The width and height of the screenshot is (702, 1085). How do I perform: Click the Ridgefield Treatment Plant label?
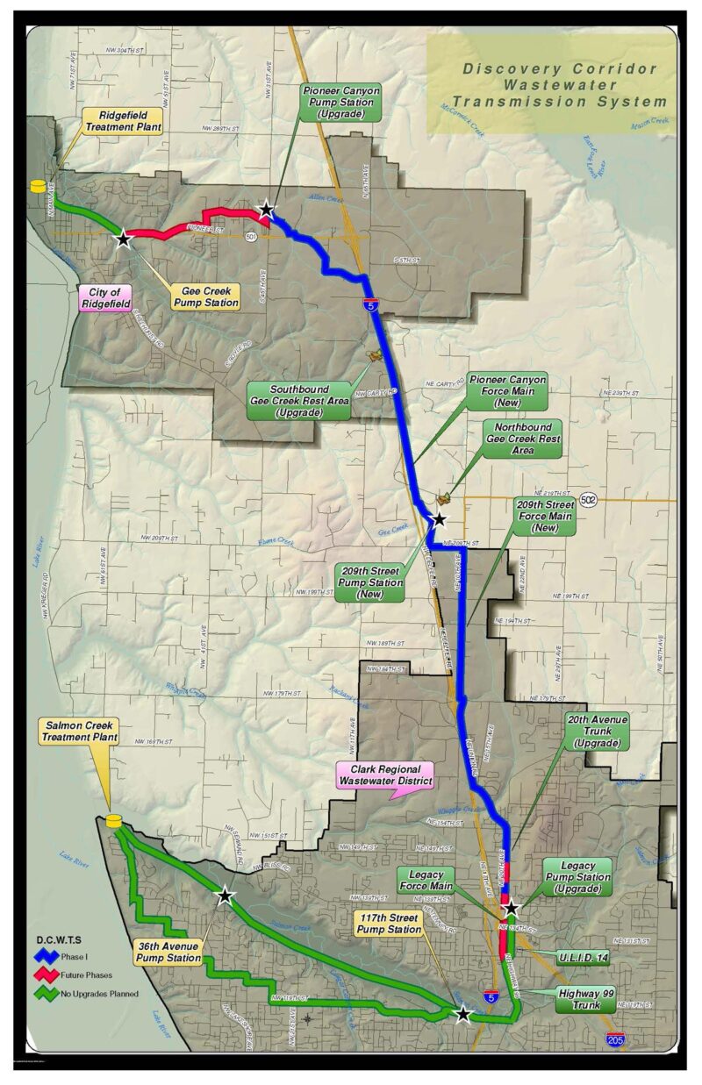coord(124,120)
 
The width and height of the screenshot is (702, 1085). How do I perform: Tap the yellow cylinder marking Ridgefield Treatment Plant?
coord(38,186)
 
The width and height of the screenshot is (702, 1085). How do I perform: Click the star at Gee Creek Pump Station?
coord(123,238)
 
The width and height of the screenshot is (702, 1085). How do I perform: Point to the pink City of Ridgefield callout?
coord(104,298)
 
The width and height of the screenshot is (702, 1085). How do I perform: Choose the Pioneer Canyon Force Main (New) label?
coord(506,391)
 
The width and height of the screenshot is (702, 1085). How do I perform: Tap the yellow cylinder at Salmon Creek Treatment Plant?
coord(113,821)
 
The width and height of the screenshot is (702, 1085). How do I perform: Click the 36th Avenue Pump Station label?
coord(169,953)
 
